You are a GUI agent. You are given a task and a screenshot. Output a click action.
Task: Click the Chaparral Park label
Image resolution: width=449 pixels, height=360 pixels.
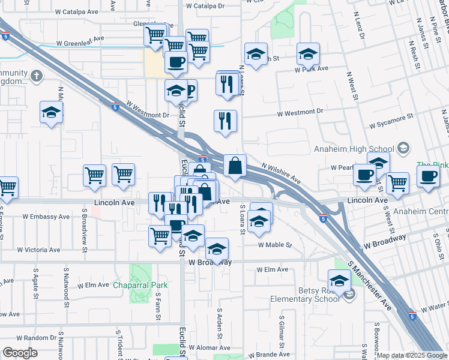point(141,286)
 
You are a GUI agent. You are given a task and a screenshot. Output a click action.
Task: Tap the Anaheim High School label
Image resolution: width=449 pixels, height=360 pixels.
point(352,149)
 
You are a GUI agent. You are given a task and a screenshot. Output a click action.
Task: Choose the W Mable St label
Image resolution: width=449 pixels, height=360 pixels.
point(274,245)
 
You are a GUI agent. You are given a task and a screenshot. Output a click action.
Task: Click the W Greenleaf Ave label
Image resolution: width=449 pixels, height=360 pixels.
point(80,43)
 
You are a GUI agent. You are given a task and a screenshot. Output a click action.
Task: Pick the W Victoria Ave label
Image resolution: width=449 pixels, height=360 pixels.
point(38,250)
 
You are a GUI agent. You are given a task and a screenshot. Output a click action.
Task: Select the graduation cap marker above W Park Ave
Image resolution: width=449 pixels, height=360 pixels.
point(308,54)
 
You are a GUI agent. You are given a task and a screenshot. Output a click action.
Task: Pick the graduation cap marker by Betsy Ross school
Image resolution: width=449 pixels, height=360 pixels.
point(339,280)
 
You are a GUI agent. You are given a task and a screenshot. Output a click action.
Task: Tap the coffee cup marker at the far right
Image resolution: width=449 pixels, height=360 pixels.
point(428,176)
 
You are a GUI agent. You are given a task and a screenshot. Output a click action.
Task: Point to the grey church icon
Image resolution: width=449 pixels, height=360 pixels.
point(37,76)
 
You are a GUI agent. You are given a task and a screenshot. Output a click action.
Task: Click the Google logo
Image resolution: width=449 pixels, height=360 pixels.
point(20,353)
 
